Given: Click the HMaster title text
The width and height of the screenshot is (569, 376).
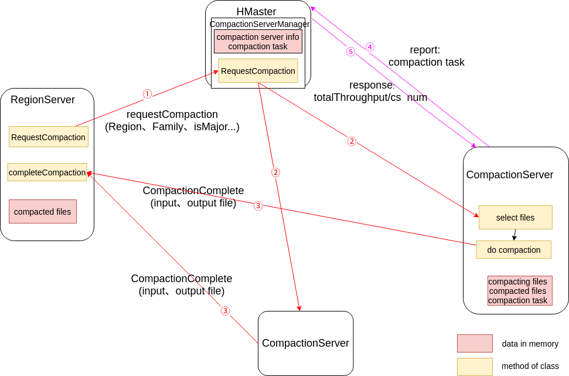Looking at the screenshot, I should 256,11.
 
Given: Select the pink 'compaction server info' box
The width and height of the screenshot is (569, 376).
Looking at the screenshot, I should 258,42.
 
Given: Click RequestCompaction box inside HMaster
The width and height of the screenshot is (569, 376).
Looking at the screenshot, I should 258,71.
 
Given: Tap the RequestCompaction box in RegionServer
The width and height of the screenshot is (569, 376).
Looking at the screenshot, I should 49,137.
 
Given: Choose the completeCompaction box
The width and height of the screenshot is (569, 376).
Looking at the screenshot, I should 47,172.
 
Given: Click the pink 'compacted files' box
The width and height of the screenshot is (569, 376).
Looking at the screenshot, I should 43,212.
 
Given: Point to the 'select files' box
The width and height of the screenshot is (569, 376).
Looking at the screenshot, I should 515,217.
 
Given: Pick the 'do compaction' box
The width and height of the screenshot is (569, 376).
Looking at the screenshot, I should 513,249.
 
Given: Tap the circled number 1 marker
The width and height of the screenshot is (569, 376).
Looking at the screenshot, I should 147,94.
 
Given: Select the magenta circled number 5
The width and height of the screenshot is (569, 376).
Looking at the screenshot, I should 350,52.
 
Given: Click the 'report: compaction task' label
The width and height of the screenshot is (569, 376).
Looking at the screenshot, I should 426,56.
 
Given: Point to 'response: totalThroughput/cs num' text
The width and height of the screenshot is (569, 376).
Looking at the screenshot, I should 370,91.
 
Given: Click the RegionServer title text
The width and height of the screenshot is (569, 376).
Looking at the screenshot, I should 42,100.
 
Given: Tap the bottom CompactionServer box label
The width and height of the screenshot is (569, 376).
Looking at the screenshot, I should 305,343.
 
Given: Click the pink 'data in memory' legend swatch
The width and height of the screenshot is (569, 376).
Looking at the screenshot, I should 475,343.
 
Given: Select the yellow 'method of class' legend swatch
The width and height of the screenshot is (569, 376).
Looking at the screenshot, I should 475,366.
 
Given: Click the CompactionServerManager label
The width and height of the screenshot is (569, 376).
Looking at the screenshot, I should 259,24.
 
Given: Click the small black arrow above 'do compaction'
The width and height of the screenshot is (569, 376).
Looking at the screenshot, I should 515,235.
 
